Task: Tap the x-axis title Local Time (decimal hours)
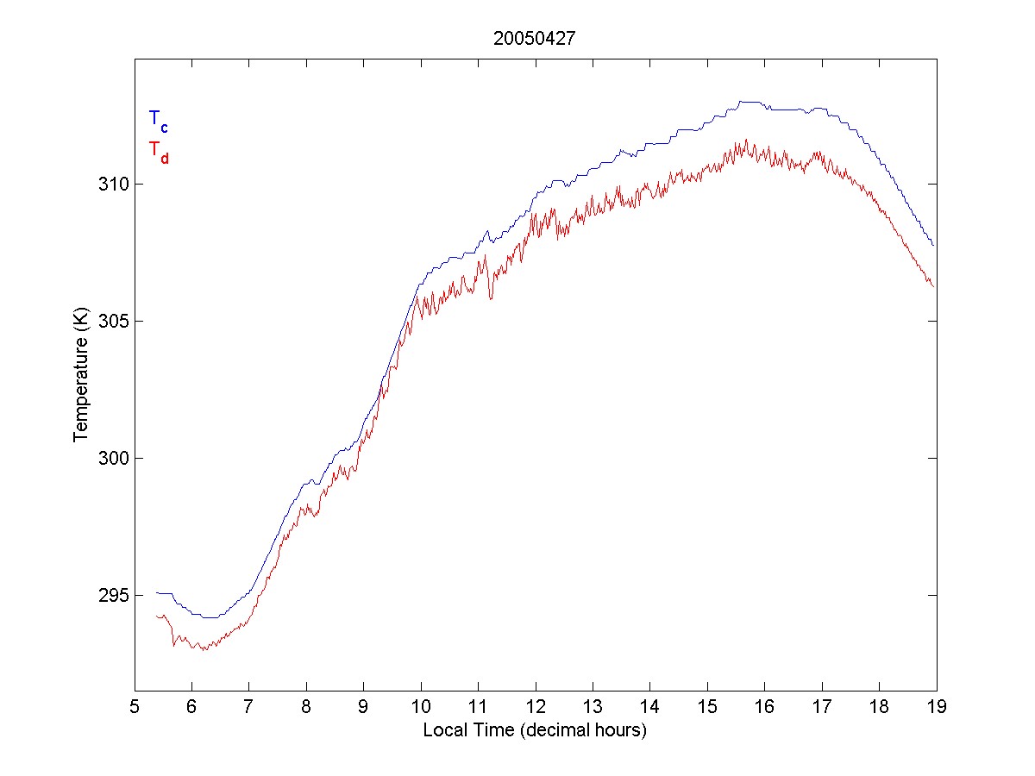(535, 731)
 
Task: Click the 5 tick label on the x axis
(135, 707)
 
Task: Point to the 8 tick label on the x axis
(306, 707)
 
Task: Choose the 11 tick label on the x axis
(478, 707)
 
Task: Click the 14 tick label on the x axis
(649, 707)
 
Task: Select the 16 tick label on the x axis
(764, 707)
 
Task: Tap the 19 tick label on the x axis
(937, 707)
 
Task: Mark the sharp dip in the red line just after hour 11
(491, 298)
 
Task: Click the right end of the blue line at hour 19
(933, 246)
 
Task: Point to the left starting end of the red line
(156, 616)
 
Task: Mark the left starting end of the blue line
(156, 592)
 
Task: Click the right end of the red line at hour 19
(933, 285)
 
